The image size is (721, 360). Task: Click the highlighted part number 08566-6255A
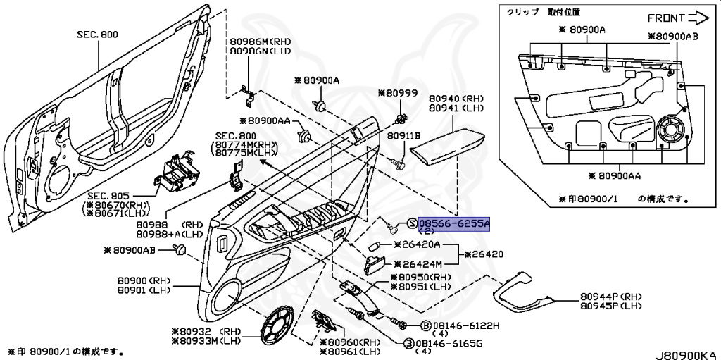coord(453,223)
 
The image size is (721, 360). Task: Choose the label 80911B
coord(404,135)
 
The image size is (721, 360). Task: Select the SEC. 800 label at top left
coord(99,34)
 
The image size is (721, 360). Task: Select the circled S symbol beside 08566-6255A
coord(412,224)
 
